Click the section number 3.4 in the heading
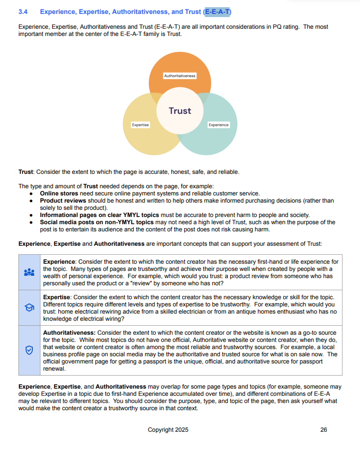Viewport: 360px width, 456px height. [23, 12]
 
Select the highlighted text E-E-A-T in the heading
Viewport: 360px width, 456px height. [217, 12]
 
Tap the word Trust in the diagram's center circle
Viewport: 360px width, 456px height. [180, 111]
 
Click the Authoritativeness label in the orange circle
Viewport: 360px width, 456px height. [180, 76]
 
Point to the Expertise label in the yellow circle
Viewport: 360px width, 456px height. [140, 125]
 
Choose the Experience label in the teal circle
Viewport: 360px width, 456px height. [218, 125]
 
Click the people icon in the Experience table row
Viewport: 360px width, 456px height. [29, 272]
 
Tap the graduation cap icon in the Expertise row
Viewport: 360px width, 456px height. [29, 308]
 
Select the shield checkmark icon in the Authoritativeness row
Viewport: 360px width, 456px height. [29, 351]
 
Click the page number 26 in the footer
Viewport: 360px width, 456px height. [324, 430]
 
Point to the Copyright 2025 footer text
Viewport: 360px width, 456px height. [168, 430]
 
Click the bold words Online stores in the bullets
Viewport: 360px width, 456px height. [59, 194]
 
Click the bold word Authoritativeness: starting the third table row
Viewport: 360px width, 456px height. [69, 333]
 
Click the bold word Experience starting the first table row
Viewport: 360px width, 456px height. [58, 262]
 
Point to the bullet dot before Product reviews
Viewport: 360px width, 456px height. [31, 201]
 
